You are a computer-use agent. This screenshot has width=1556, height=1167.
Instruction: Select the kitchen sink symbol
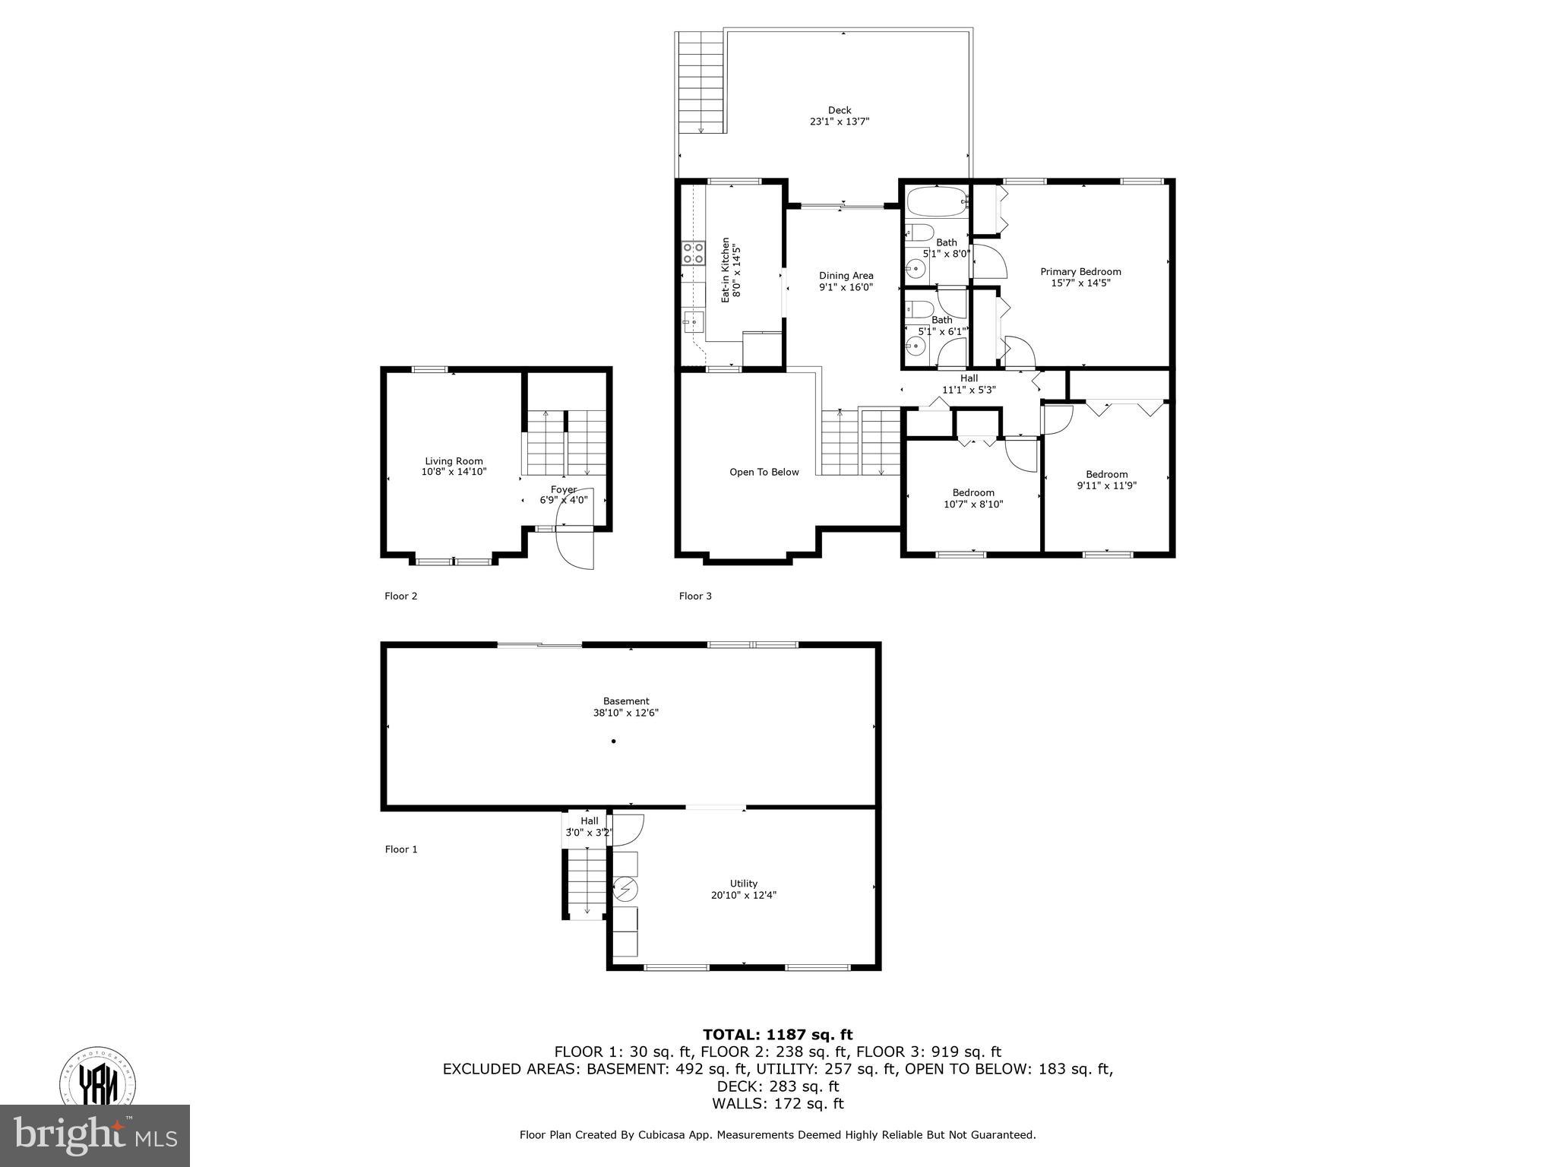pos(692,321)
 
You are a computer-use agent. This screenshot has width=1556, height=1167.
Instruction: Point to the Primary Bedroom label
pos(1080,272)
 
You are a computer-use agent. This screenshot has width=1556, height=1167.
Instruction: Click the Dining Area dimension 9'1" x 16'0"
pos(846,287)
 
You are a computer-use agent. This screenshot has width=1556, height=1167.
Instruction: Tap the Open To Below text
pos(764,472)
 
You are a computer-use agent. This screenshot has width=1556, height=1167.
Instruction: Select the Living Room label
pos(454,461)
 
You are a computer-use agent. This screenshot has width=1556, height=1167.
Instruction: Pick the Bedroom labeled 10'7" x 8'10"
pos(973,498)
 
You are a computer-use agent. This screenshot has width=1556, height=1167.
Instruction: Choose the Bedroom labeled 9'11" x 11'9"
pos(1106,479)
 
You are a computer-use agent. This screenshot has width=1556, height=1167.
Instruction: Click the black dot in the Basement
pos(614,741)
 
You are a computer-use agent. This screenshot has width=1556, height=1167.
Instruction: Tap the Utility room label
pos(743,884)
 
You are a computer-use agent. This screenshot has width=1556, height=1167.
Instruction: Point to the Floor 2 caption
pos(400,596)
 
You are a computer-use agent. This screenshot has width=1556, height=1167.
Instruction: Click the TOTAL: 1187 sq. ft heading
pos(777,1034)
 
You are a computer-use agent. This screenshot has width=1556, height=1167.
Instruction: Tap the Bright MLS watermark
pos(95,1136)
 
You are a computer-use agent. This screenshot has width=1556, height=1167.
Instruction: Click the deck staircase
pos(700,83)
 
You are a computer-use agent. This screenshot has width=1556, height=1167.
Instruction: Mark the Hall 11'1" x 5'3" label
pos(968,384)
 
